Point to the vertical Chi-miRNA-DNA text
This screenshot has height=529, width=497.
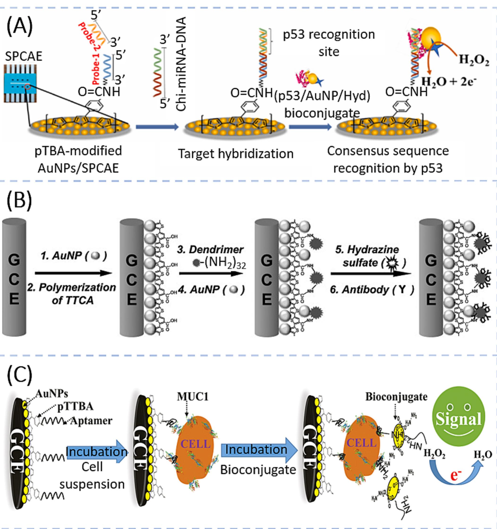(181, 64)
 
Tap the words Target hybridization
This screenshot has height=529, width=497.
(235, 154)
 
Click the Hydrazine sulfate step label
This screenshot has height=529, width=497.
(368, 256)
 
